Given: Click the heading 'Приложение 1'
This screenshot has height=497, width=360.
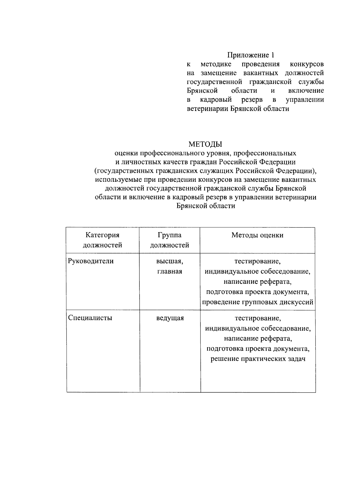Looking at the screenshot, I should coord(250,55).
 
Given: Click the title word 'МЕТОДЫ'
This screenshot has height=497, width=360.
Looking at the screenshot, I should coord(205,144).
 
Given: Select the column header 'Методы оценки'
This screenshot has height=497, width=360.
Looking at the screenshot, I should coord(257,235).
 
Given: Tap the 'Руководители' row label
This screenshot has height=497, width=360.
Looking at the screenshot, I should coord(91,261).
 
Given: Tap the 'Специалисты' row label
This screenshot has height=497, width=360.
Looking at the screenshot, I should coord(90,318).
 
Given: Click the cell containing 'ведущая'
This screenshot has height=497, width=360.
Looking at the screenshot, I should coord(170,318).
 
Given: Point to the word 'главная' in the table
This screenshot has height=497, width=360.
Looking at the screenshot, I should coord(169,271).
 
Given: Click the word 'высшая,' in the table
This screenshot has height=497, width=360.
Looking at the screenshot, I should coord(169,261).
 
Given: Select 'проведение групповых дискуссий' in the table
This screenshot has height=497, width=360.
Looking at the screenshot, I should coord(257,302).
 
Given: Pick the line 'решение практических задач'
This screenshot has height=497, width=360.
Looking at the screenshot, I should coord(258,359).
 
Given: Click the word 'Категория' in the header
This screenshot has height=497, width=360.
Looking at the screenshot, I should coord(102,235).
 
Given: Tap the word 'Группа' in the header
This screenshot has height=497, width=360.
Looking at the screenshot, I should coord(169,235).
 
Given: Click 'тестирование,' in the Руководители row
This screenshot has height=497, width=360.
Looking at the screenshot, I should coord(257,261).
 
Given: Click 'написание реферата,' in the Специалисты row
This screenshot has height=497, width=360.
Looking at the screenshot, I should coord(258,339).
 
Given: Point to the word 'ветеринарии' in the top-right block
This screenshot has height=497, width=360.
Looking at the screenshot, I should coord(208,109).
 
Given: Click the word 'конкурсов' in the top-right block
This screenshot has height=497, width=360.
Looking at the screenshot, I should coord(307,64).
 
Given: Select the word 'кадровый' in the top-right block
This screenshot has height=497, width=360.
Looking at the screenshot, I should coord(216,100).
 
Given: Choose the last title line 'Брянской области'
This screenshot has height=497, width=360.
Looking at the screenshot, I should coord(205,206).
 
